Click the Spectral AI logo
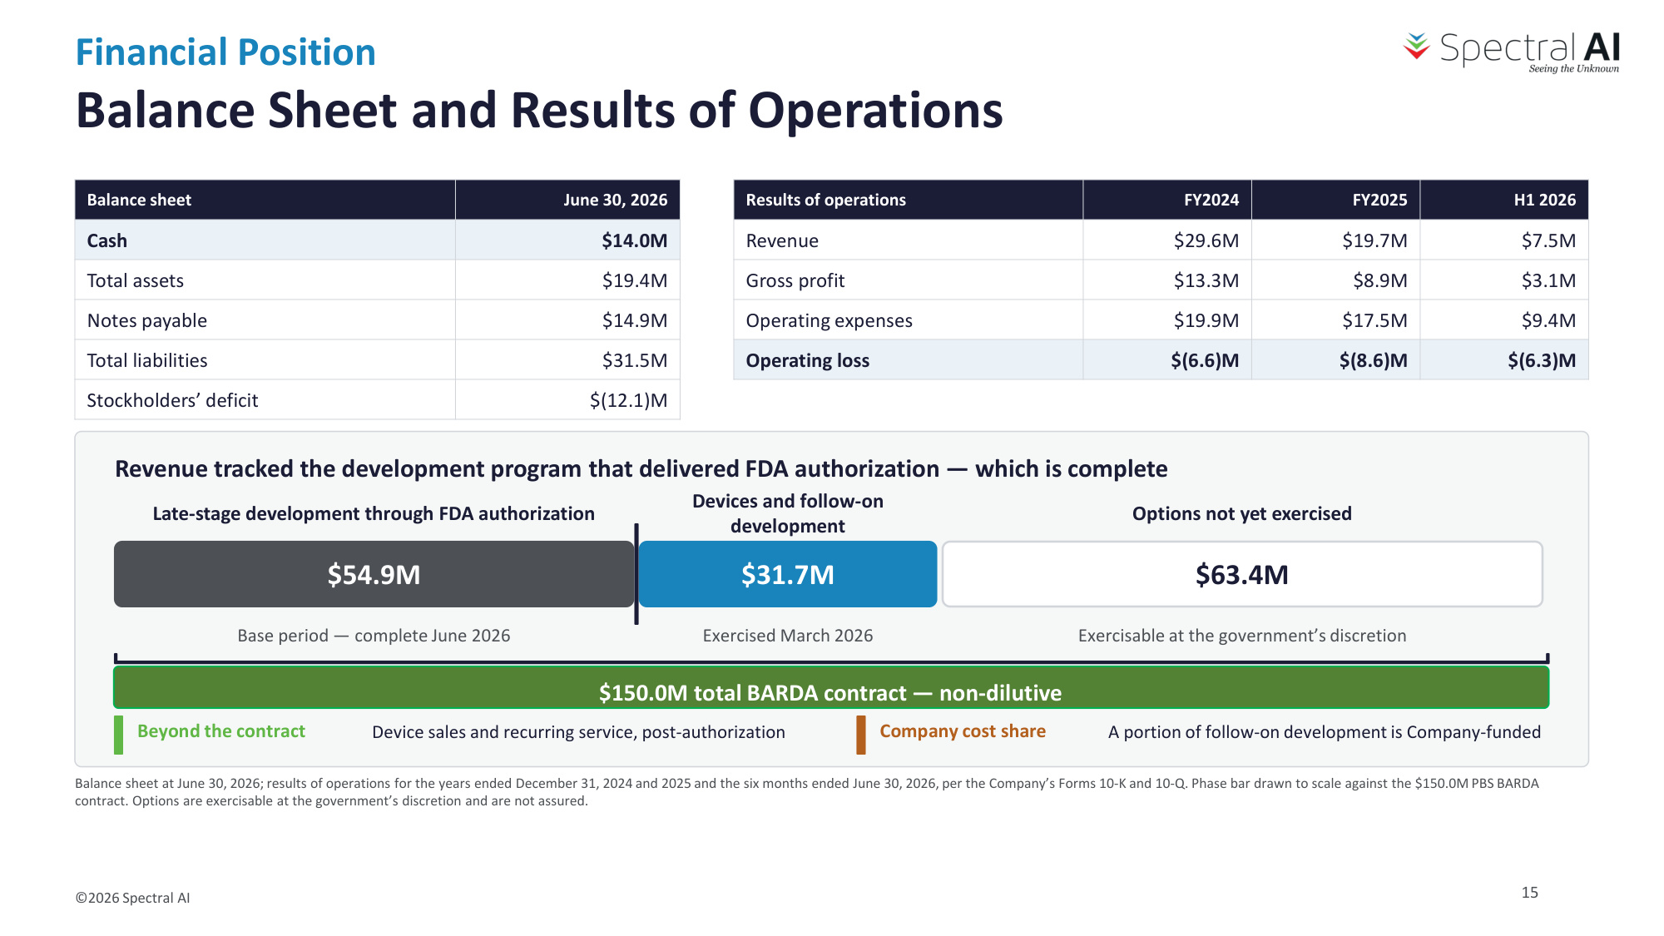click(x=1512, y=52)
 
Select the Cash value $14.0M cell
click(x=567, y=240)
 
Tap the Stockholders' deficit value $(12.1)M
click(x=628, y=400)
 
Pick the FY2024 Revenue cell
click(x=1166, y=240)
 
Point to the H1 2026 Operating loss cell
click(x=1504, y=360)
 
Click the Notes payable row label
click(x=147, y=320)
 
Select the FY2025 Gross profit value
click(x=1379, y=280)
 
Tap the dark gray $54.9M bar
click(x=374, y=574)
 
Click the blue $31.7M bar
click(x=788, y=574)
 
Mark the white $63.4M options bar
click(x=1242, y=574)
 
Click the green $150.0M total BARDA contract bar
click(x=831, y=688)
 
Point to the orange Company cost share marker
click(x=861, y=735)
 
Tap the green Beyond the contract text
click(x=221, y=731)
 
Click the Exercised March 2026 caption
click(x=788, y=636)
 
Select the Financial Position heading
click(x=225, y=52)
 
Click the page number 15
click(x=1529, y=892)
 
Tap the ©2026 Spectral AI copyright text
click(x=132, y=898)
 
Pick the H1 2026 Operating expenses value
click(x=1548, y=320)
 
